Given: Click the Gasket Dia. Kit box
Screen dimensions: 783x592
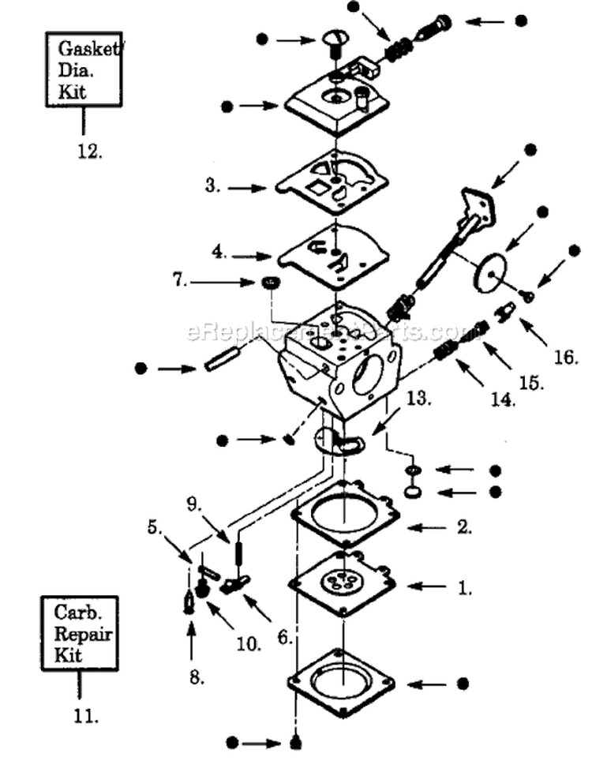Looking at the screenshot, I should (x=82, y=69).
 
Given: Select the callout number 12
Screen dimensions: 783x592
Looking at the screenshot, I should (x=88, y=152).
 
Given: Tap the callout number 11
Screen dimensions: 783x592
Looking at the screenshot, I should (x=86, y=717).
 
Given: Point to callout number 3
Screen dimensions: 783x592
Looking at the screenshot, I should (x=212, y=187).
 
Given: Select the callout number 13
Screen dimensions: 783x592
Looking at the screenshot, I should (x=418, y=399).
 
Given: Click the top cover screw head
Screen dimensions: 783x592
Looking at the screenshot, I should (x=335, y=38).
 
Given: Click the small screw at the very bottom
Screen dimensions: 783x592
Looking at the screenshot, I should (x=295, y=743).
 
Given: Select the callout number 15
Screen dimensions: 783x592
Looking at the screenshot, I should (x=531, y=383).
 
